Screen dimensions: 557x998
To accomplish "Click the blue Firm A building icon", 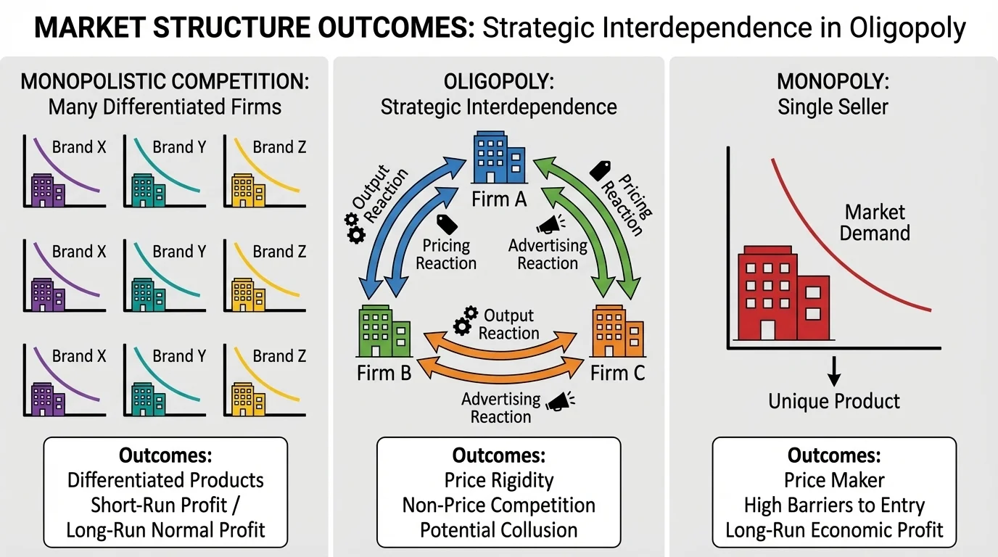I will [x=499, y=158].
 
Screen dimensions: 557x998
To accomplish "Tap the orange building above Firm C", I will [x=617, y=332].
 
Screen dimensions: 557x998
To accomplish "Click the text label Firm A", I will [x=499, y=199].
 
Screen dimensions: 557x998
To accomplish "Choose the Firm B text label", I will [x=384, y=373].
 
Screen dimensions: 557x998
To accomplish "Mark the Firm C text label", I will [x=617, y=373].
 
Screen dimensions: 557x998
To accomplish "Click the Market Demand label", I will [x=876, y=223].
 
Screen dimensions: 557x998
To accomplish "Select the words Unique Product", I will [x=834, y=401].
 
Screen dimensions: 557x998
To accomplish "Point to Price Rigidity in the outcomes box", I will [x=499, y=480].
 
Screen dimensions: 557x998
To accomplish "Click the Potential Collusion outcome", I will [x=499, y=529].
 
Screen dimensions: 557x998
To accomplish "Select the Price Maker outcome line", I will [x=834, y=480].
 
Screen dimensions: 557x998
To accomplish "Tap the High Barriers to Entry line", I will [x=834, y=505].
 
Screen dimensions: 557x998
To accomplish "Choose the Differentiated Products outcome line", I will [x=165, y=480].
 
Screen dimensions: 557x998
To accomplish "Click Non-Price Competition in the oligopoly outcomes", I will [x=499, y=505].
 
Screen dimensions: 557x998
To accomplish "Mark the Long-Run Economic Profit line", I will [x=834, y=529].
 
